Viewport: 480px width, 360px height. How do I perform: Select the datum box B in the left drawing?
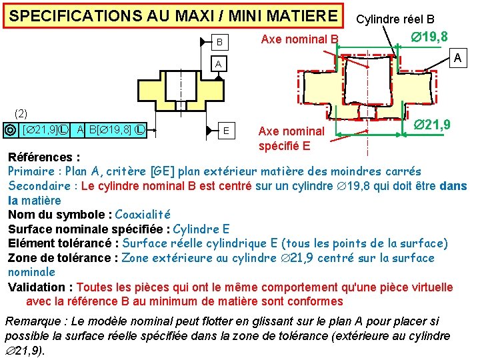pos(219,42)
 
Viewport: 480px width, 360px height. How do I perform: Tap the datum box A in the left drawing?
pos(217,64)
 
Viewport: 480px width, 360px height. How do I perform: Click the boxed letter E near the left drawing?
pos(227,130)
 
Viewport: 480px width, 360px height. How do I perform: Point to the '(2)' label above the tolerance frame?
pos(21,114)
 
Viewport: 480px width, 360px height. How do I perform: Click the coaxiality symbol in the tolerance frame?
pos(10,129)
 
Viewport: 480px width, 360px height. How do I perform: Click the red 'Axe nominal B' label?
pos(299,39)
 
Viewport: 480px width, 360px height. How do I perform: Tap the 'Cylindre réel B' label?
pos(395,19)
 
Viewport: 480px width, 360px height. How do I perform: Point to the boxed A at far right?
pos(457,59)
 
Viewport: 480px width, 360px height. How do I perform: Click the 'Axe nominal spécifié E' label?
pos(291,137)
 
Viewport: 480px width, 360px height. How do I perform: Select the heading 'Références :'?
pos(44,157)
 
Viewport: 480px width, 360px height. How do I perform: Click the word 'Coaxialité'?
pos(143,215)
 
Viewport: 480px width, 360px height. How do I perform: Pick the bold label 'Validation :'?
pos(40,287)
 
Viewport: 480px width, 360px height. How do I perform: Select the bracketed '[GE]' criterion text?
pos(156,171)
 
